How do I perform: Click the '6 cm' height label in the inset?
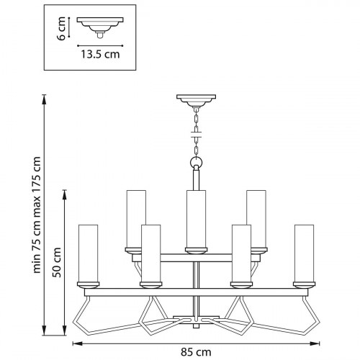pyautogui.click(x=62, y=28)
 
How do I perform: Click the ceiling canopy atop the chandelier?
pyautogui.click(x=195, y=100)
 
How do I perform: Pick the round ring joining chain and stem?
pyautogui.click(x=195, y=161)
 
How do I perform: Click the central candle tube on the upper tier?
pyautogui.click(x=194, y=220)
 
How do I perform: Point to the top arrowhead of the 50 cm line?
pyautogui.click(x=66, y=193)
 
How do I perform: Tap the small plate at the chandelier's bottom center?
pyautogui.click(x=194, y=317)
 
